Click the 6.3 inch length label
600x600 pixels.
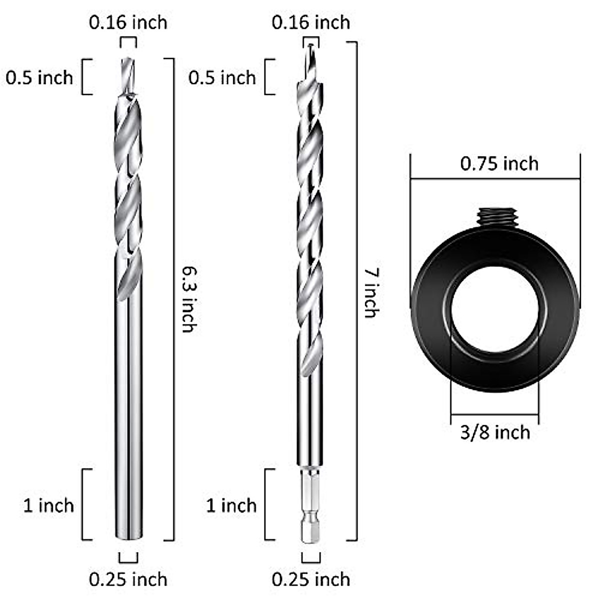coord(188,299)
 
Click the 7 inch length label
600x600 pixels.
coord(370,293)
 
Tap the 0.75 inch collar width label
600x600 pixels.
coord(499,164)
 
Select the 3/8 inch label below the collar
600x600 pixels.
coord(494,432)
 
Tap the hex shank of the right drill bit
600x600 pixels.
coord(310,505)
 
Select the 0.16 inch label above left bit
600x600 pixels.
coord(128,22)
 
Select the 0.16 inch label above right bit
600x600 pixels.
coord(310,22)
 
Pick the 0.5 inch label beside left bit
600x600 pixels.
coord(39,77)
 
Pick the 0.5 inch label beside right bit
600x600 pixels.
coord(222,77)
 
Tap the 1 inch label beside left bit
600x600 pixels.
coord(48,505)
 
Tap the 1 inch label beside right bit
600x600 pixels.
coord(231,505)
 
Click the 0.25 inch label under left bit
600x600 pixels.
coord(128,579)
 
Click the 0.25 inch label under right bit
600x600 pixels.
coord(310,579)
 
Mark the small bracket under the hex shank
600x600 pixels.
coord(310,557)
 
